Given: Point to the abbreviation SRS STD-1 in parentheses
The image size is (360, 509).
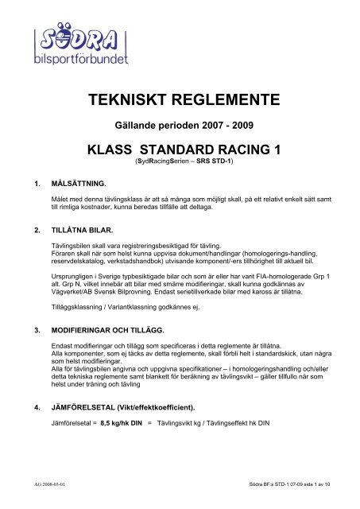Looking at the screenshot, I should pyautogui.click(x=211, y=161).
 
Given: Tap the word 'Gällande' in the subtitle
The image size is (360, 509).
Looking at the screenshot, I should pyautogui.click(x=134, y=127).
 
